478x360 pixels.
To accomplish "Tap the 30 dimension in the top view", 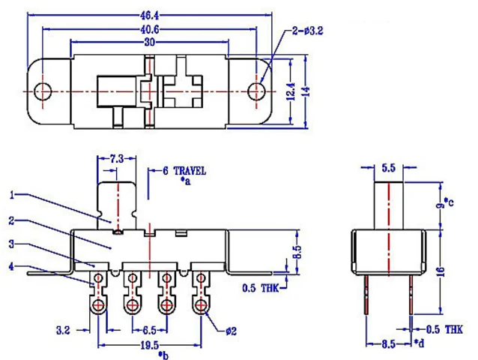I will (x=150, y=44).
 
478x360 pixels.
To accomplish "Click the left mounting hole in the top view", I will (x=44, y=91).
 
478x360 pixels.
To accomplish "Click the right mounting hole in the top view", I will (x=257, y=91).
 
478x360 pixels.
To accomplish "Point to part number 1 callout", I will (x=13, y=195).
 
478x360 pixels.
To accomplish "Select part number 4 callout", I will (x=13, y=265).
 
